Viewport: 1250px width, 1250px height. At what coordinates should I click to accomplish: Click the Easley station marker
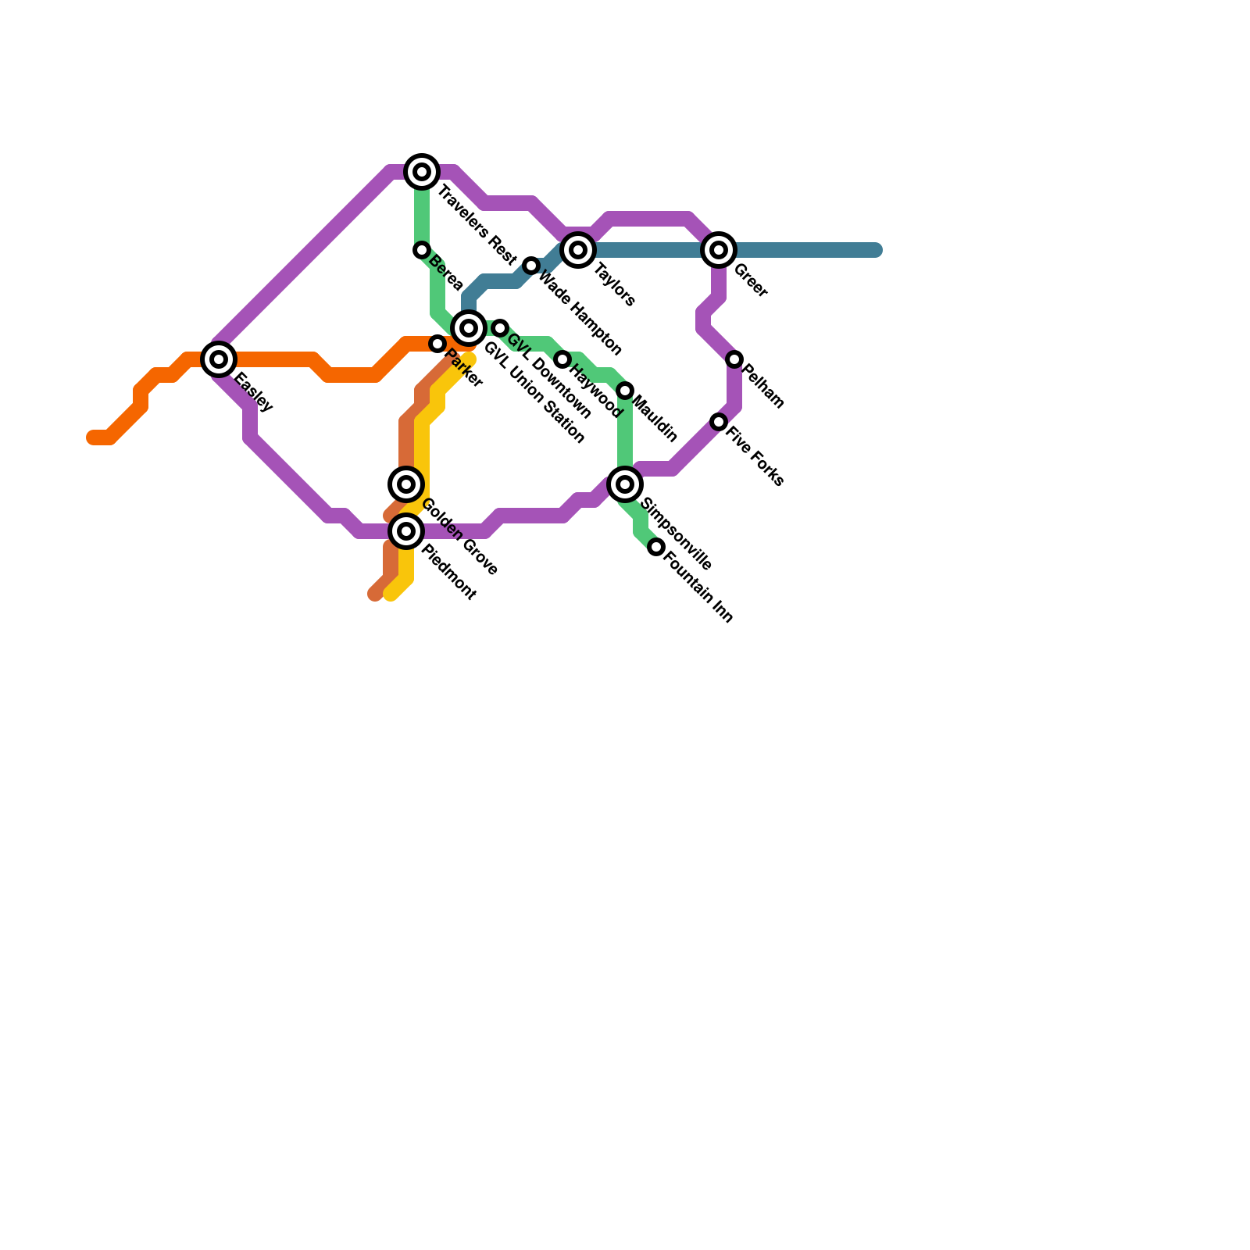219,359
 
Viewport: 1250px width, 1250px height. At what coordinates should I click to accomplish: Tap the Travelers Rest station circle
422,172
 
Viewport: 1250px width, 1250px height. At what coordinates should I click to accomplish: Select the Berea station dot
422,250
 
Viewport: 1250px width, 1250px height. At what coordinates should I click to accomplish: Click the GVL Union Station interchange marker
469,328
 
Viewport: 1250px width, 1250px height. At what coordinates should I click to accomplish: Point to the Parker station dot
437,344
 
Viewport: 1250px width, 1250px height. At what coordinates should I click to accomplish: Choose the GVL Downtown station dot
500,328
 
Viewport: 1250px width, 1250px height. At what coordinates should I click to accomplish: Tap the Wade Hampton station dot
531,266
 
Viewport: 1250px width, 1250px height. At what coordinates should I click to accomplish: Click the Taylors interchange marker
578,250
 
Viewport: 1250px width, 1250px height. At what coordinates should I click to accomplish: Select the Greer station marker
719,250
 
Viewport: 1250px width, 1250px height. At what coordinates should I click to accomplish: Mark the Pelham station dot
734,359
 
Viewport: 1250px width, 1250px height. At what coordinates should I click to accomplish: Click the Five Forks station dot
719,422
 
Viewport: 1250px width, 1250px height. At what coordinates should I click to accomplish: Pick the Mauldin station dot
625,391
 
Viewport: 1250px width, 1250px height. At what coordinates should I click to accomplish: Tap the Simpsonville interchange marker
625,484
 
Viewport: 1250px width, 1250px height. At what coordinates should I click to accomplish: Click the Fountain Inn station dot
656,547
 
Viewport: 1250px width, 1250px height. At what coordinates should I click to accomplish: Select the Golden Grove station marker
406,484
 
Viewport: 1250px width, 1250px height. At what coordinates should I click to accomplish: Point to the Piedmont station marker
406,531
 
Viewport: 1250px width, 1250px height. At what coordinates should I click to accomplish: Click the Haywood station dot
562,359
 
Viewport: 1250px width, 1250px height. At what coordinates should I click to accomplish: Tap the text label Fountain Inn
698,586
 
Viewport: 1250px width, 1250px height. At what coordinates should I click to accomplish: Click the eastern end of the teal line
877,250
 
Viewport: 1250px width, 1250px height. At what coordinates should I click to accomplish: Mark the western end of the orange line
92,437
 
